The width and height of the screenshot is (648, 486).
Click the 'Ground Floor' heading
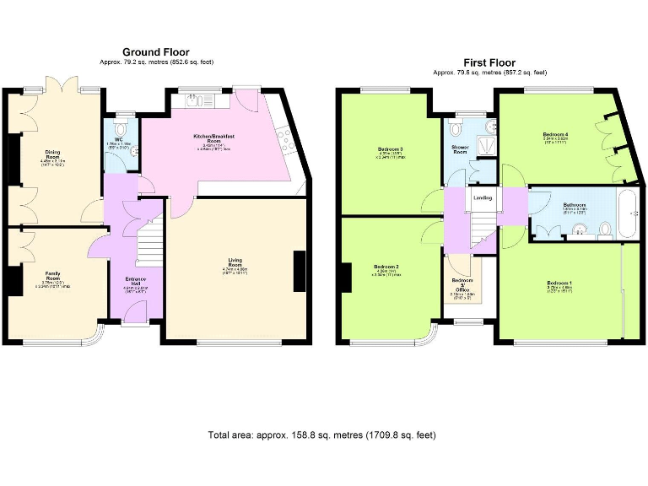coord(156,52)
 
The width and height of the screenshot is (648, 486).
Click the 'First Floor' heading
coord(489,62)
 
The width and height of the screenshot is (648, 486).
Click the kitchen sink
coord(193,99)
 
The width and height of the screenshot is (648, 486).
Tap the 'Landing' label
coord(483,198)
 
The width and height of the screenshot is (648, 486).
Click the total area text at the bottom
coord(321,435)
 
